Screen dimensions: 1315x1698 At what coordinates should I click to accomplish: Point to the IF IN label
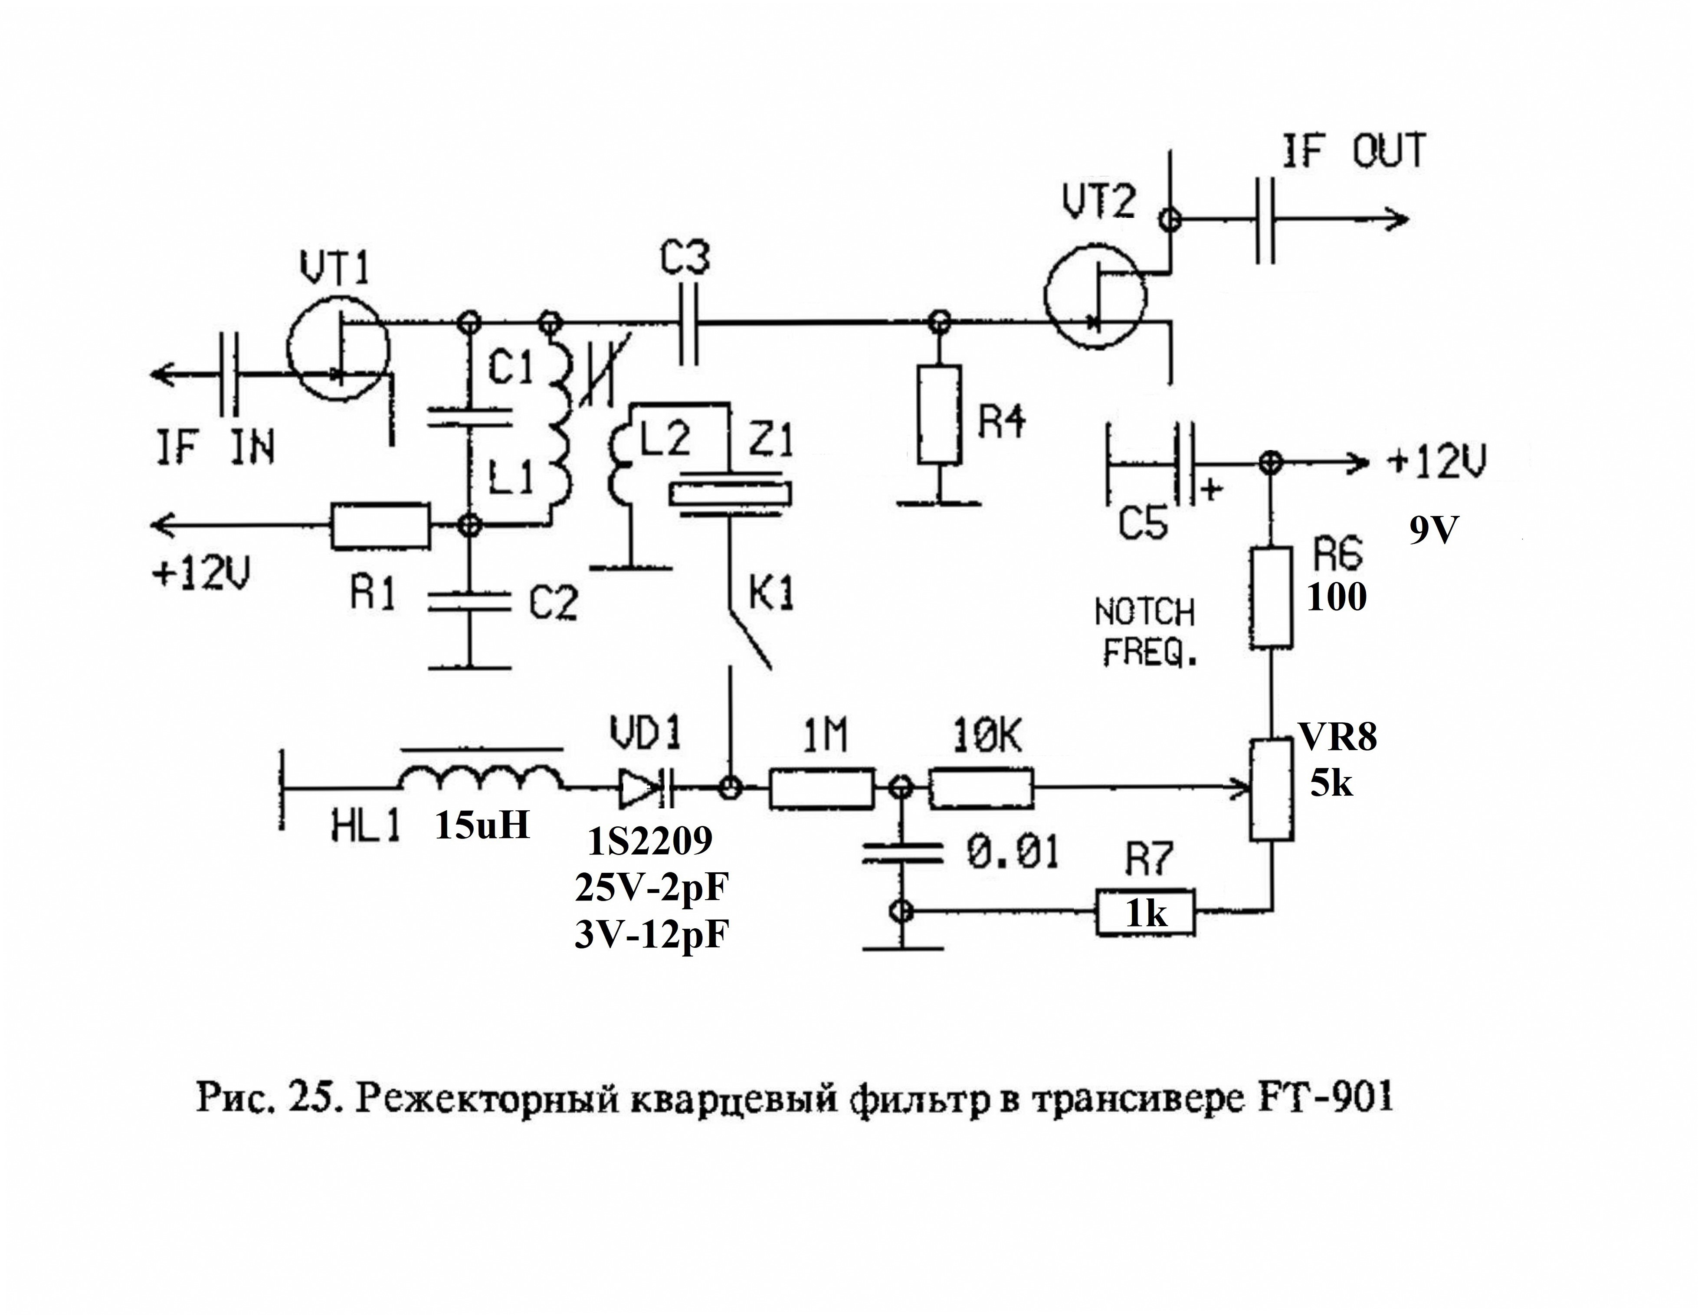[215, 448]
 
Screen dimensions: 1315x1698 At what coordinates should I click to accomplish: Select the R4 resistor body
[939, 414]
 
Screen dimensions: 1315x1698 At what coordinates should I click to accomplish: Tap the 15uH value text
[482, 826]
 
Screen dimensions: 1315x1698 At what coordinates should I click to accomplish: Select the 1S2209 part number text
[650, 842]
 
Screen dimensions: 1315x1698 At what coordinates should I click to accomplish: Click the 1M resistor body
[822, 789]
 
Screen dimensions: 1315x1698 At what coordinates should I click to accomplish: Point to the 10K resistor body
[982, 789]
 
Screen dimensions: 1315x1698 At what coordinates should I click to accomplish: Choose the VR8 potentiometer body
[1272, 790]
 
